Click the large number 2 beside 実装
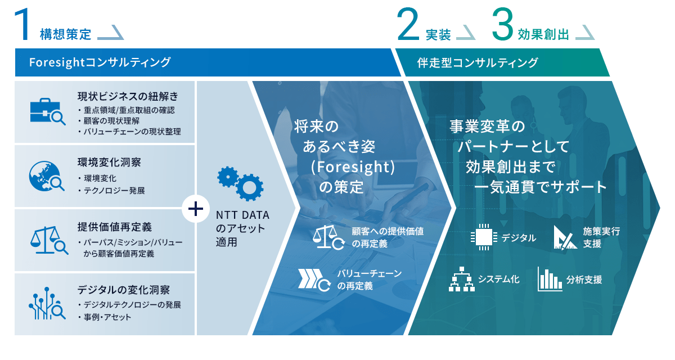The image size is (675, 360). (x=408, y=25)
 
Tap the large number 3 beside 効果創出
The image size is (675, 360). (x=503, y=25)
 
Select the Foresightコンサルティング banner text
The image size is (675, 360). (x=100, y=62)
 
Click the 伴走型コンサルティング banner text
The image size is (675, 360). (x=478, y=62)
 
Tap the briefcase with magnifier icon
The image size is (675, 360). (x=47, y=111)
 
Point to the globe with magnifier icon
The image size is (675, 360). (x=47, y=175)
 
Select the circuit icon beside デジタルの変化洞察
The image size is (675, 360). (x=47, y=304)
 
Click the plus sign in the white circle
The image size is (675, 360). (x=195, y=209)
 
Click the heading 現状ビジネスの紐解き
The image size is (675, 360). (x=128, y=97)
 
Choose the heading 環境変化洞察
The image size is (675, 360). (x=109, y=163)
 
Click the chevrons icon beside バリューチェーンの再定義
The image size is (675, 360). (x=314, y=280)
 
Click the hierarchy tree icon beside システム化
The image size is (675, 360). (x=462, y=280)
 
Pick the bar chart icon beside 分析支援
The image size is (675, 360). (x=550, y=279)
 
